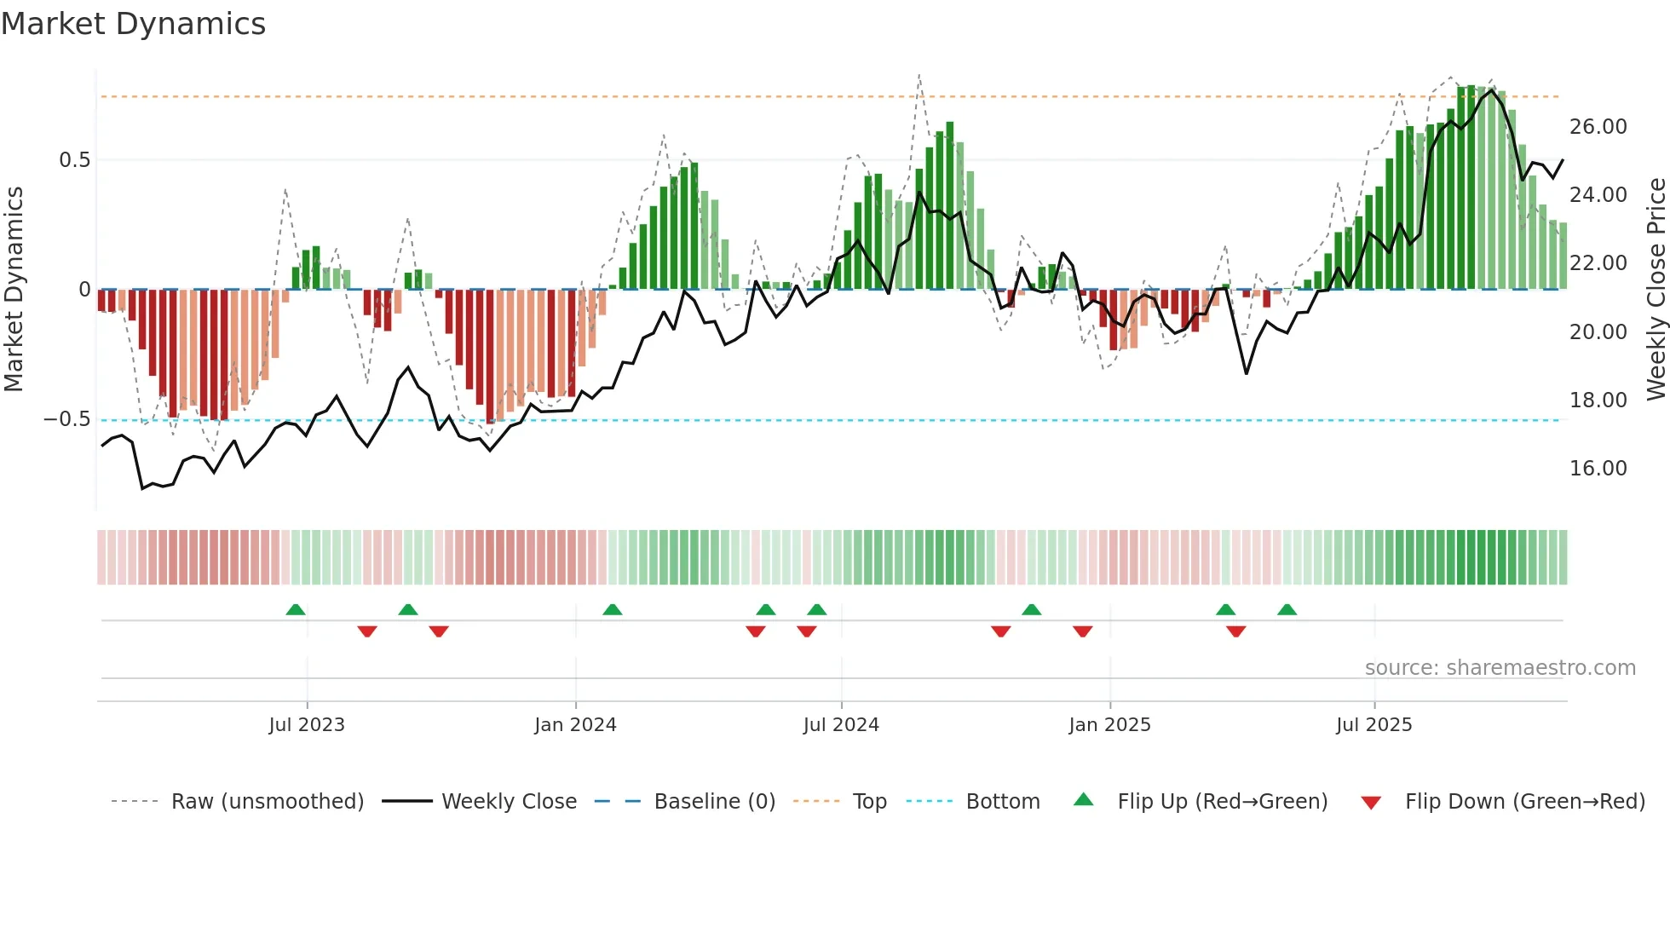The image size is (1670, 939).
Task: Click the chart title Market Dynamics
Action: (133, 24)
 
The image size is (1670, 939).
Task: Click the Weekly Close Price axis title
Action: (1656, 289)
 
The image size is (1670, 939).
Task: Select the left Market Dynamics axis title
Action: (14, 289)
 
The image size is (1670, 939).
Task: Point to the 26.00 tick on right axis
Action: (1598, 127)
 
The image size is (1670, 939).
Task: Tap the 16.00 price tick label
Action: (1598, 469)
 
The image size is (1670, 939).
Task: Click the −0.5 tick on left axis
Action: (66, 419)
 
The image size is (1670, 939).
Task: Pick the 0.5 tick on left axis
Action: (74, 160)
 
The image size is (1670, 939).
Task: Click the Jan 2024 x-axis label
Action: (575, 725)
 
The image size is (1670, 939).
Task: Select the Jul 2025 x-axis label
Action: (1373, 725)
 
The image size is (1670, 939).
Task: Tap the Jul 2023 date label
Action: (307, 725)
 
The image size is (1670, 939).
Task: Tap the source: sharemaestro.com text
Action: (1500, 668)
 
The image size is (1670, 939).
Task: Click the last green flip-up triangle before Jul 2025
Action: (1287, 610)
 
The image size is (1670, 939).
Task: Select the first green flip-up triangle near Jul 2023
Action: (296, 610)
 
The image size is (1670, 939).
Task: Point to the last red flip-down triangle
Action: (1236, 631)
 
